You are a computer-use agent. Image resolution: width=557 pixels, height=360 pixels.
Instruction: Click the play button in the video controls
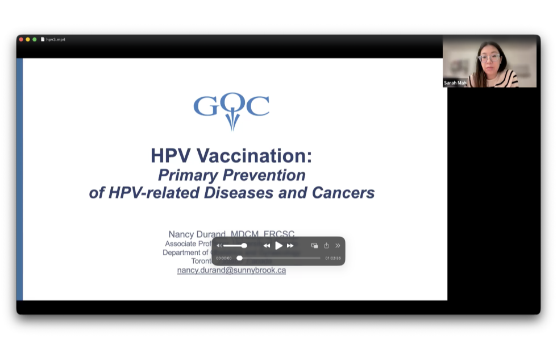click(x=278, y=246)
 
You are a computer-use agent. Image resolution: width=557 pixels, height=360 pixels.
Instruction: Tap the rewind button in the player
click(x=267, y=246)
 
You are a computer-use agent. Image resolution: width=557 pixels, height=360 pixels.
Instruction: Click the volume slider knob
click(x=244, y=246)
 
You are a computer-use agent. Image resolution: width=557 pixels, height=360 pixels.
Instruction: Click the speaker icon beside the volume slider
click(x=219, y=246)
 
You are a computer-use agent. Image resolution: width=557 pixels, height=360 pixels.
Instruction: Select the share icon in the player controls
click(x=326, y=246)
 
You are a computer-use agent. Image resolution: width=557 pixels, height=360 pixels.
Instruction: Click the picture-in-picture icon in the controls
click(x=314, y=246)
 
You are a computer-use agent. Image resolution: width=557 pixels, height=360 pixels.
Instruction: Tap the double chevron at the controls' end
click(x=338, y=246)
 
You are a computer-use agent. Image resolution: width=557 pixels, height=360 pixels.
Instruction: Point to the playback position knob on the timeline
click(x=239, y=258)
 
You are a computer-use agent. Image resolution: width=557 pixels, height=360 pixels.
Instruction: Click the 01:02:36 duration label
click(x=333, y=258)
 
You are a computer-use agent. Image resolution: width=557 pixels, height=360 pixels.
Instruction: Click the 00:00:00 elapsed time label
click(x=224, y=258)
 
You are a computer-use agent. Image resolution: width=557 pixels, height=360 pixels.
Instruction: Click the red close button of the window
click(x=21, y=39)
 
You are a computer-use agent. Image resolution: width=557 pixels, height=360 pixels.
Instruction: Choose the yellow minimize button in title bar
click(x=28, y=39)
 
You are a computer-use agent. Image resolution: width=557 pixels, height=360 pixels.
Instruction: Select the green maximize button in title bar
click(x=35, y=39)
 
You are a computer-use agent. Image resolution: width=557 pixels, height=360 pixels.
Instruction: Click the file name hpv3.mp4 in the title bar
click(x=56, y=39)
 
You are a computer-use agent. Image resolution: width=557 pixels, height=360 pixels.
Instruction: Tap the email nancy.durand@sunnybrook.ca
click(x=231, y=270)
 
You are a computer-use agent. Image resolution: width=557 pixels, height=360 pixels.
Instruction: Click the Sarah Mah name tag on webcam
click(x=455, y=83)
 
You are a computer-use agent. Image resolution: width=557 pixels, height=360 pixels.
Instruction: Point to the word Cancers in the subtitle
click(x=343, y=192)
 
